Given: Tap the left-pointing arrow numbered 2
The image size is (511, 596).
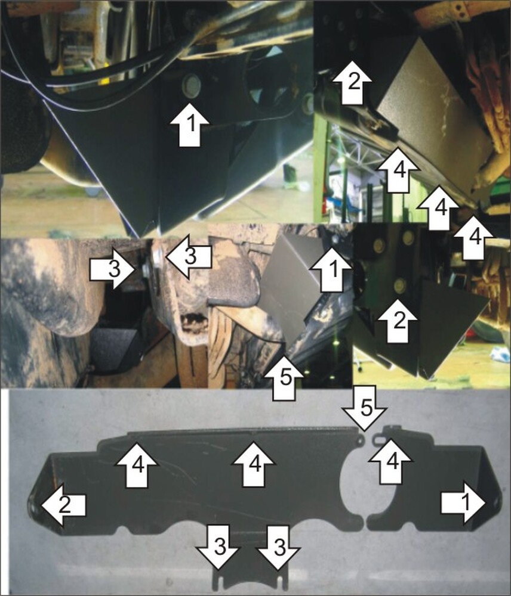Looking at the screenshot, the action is click(x=64, y=505).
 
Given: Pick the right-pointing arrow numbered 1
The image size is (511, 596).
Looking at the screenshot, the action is click(x=464, y=503).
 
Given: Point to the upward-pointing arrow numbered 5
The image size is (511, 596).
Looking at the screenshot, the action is click(x=284, y=377).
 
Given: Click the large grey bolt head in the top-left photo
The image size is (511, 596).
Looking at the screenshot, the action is click(x=191, y=86).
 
